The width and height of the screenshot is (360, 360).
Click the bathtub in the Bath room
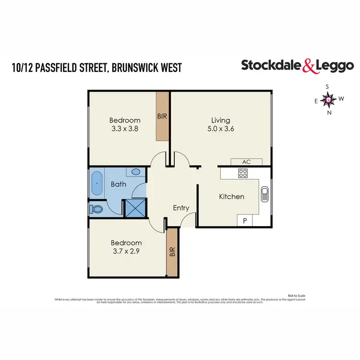[x=97, y=183]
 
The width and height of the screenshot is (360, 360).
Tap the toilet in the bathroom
[x=96, y=209]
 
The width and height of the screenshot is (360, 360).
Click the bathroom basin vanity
[x=134, y=172]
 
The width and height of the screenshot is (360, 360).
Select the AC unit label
[x=247, y=162]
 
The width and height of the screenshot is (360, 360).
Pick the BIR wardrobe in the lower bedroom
[x=172, y=252]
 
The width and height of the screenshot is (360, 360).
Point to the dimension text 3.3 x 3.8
[x=124, y=129]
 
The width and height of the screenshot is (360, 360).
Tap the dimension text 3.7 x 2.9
[x=127, y=251]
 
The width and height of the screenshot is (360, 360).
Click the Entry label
[x=181, y=208]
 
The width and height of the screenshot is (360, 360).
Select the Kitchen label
[x=232, y=196]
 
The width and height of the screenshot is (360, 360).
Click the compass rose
[x=328, y=100]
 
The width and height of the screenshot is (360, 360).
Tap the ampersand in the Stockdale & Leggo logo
[x=308, y=66]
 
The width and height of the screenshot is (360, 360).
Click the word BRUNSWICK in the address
[x=135, y=68]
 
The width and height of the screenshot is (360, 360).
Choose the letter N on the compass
[x=329, y=113]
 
